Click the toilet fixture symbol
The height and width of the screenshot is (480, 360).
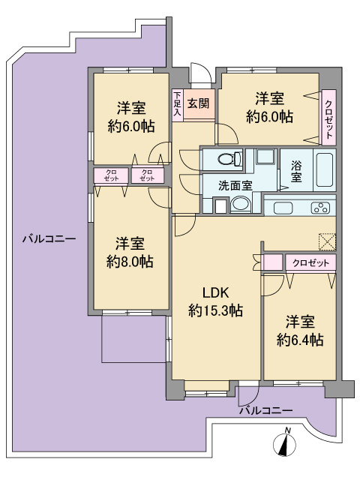coord(230,158)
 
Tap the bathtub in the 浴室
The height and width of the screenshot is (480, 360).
coord(325,169)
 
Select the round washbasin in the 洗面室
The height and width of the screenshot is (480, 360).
coord(241,204)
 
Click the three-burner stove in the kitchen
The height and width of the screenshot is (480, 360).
coord(320,208)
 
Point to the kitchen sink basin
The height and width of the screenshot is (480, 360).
coord(283,208)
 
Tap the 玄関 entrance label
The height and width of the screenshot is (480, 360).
coord(198,103)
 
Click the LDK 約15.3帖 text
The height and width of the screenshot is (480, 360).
coord(215,301)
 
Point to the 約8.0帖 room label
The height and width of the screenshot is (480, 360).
coord(130,262)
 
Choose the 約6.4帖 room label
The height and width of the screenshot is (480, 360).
coord(300,340)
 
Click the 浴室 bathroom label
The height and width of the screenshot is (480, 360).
coord(296,171)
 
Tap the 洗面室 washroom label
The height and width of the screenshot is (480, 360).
coord(235,185)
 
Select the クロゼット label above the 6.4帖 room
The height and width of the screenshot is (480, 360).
coord(310,263)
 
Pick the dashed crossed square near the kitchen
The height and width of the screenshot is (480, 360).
coord(327,242)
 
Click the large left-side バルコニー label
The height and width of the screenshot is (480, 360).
coord(49,238)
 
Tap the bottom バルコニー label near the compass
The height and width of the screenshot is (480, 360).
coord(265,410)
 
